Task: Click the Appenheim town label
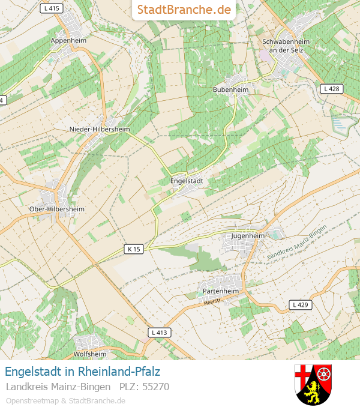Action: click(68, 40)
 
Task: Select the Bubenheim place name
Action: click(230, 89)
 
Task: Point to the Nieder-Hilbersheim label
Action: click(100, 129)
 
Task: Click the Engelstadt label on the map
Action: click(187, 180)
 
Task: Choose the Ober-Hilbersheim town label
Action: click(57, 209)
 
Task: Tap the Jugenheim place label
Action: click(248, 236)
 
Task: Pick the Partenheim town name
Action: click(221, 291)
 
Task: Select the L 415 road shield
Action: click(52, 8)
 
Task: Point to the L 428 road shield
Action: click(331, 89)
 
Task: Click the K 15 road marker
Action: click(134, 249)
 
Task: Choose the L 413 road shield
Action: click(159, 332)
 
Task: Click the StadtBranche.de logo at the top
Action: click(184, 10)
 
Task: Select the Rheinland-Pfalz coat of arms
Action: click(313, 384)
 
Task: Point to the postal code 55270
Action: click(155, 387)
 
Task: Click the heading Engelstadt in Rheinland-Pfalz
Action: click(82, 372)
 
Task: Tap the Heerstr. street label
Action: click(213, 302)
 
